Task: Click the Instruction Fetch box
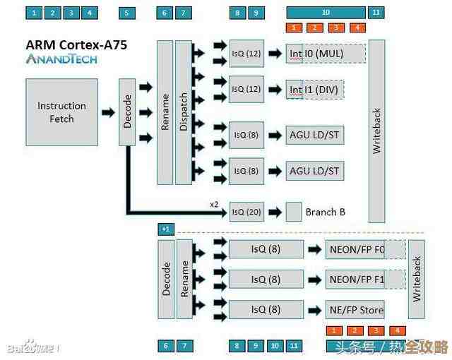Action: click(x=61, y=112)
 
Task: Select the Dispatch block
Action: click(x=184, y=112)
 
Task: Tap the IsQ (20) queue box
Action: click(x=246, y=212)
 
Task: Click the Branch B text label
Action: click(x=325, y=212)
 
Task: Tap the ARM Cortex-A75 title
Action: click(x=77, y=44)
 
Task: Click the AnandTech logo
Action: click(x=61, y=59)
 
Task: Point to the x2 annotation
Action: click(x=214, y=204)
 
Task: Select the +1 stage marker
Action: click(x=165, y=229)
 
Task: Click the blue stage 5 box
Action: click(x=126, y=13)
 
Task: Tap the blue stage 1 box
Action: click(x=34, y=13)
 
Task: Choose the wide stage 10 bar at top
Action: click(x=326, y=13)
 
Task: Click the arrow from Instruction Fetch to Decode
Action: click(x=107, y=112)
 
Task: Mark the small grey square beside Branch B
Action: click(x=294, y=212)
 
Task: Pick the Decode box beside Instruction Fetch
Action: click(x=127, y=112)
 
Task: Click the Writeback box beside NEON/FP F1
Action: click(x=417, y=280)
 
